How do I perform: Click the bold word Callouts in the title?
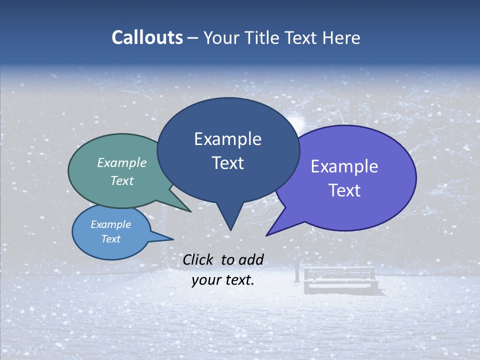click(147, 37)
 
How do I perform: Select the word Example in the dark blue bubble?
click(227, 139)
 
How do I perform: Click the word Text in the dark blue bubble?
click(227, 163)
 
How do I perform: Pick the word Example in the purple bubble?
click(344, 166)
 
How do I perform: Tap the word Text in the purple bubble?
click(344, 190)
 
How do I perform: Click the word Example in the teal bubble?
click(122, 163)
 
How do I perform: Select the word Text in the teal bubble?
click(122, 180)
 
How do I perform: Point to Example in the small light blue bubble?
click(111, 224)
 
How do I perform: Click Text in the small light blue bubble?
click(111, 239)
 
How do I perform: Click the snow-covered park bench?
click(340, 280)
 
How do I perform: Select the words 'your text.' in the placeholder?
click(223, 280)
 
